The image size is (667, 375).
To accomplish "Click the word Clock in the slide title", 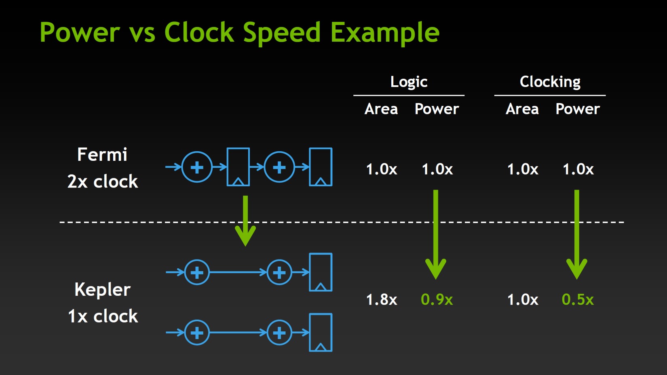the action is click(x=199, y=32).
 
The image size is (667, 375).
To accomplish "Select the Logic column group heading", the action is click(x=409, y=82).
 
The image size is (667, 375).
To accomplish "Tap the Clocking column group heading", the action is click(x=550, y=82).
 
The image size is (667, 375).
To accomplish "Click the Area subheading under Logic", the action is click(x=381, y=109).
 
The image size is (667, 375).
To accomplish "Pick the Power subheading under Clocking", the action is click(x=578, y=109).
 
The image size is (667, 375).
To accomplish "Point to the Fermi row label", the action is click(x=102, y=154).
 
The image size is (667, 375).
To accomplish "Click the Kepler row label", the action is click(x=102, y=290).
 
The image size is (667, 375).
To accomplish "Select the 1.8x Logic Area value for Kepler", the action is click(x=382, y=299).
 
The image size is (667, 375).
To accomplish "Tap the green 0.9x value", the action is click(x=437, y=299).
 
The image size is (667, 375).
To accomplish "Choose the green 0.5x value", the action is click(x=578, y=299).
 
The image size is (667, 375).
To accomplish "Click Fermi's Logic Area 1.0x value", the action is click(x=382, y=169).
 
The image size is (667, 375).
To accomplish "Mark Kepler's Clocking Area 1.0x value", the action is click(x=523, y=299).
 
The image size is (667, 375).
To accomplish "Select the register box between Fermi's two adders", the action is click(x=227, y=166).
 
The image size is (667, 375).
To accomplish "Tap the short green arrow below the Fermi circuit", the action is click(x=245, y=221).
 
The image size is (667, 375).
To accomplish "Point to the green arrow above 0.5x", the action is click(x=577, y=234).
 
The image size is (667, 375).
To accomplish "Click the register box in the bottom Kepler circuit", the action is click(x=310, y=332).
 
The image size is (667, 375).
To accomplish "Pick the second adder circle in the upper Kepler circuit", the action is click(x=279, y=260).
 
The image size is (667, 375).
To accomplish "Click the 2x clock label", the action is click(x=103, y=181).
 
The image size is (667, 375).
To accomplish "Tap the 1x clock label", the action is click(x=103, y=316).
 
